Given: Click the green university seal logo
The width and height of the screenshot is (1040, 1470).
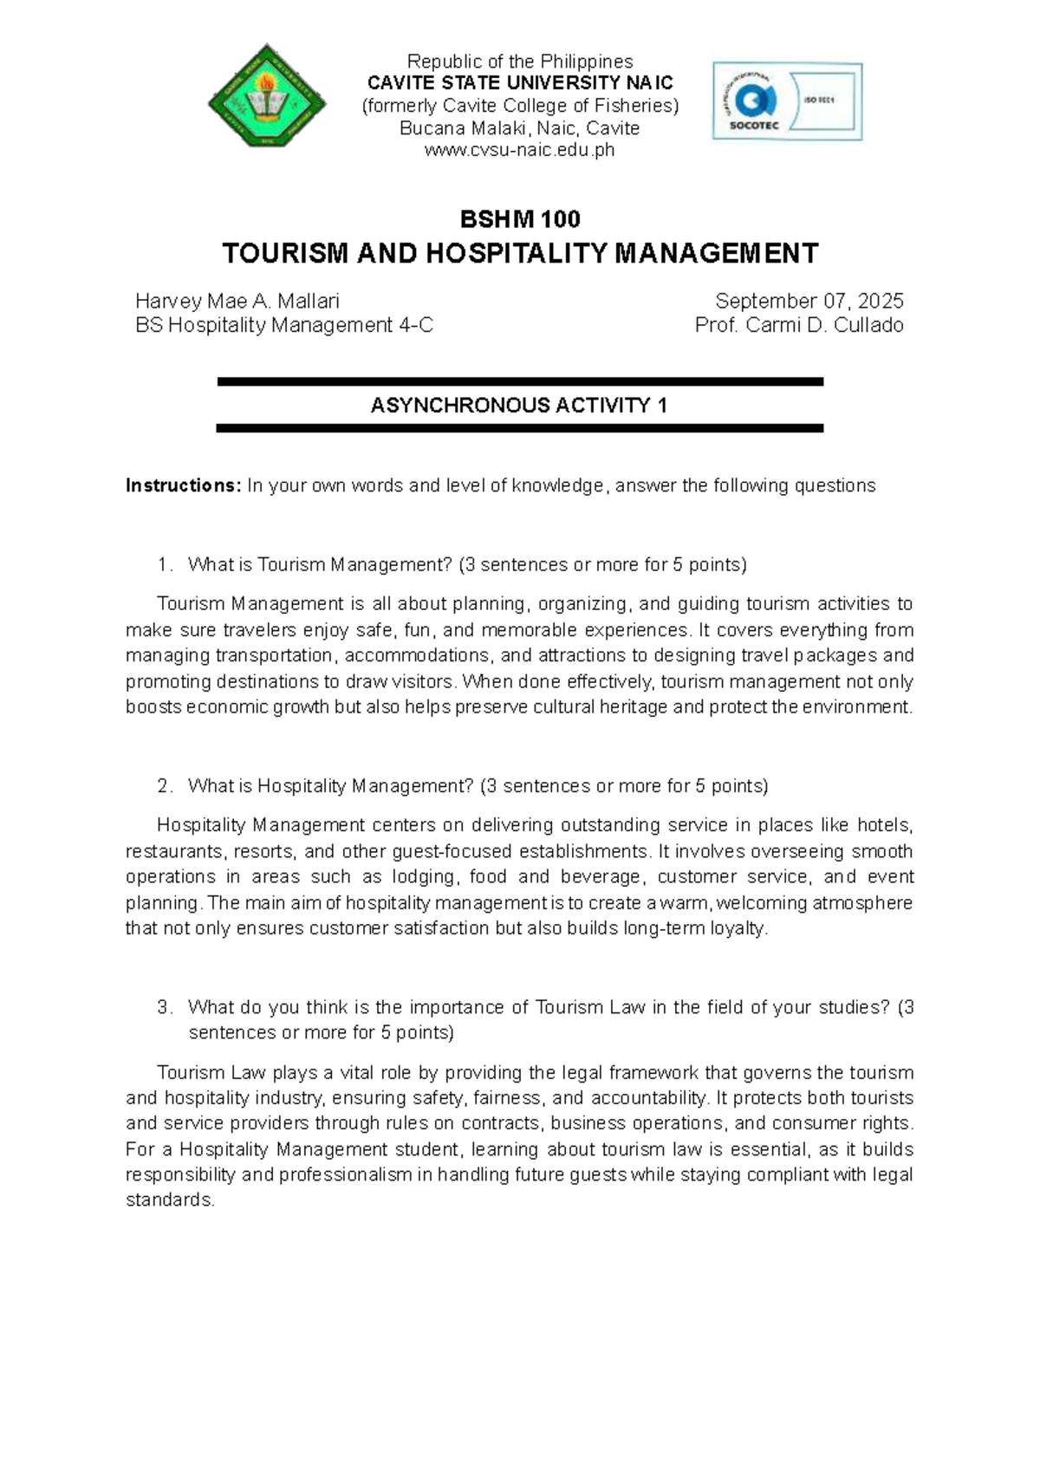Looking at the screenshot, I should [x=267, y=96].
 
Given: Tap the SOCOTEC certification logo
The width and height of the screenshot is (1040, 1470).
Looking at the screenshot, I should [x=787, y=101].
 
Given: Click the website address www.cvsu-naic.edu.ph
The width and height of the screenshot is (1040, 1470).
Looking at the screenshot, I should [x=519, y=151].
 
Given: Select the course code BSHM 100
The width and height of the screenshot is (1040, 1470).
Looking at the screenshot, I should [x=519, y=218].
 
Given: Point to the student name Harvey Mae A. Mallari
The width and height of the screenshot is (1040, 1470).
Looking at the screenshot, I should [x=237, y=302].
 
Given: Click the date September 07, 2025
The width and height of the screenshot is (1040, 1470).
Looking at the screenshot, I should [x=809, y=302].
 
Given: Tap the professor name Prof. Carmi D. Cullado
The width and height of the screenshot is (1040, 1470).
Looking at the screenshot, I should [x=798, y=326].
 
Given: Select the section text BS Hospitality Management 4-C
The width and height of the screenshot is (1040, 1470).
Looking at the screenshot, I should [x=284, y=326].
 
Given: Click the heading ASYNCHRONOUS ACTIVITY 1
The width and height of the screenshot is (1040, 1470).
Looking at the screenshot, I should [x=519, y=406].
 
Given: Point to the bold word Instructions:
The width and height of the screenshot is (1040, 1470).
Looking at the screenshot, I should [x=183, y=485].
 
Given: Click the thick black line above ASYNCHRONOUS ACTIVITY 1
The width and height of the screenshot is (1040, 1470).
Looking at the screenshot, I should [x=519, y=381].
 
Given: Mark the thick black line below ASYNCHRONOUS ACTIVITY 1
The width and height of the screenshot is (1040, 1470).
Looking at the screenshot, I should [x=519, y=428].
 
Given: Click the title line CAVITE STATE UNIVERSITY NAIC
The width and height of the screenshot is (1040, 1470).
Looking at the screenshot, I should [x=519, y=84].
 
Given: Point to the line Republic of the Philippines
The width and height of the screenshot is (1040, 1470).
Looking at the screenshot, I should [x=519, y=62].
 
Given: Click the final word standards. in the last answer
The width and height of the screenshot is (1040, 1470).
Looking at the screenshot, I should [x=170, y=1200].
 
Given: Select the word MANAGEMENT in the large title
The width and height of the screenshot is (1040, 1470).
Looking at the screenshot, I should [x=717, y=254].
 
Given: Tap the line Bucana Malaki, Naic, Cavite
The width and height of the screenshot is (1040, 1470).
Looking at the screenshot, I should [x=519, y=128].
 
